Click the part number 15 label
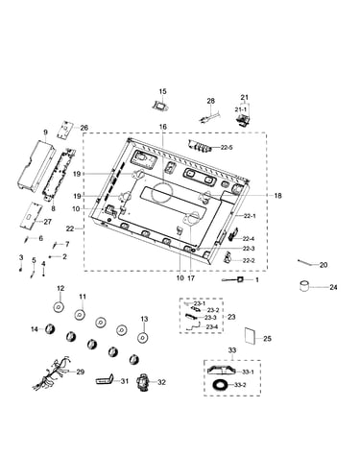[162, 91]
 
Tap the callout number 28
[211, 101]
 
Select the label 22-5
[227, 148]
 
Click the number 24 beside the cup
[333, 287]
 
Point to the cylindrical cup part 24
[305, 286]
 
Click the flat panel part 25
[250, 335]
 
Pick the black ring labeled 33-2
[220, 385]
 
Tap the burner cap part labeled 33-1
[221, 371]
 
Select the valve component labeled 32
[143, 382]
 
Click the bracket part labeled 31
[105, 380]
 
